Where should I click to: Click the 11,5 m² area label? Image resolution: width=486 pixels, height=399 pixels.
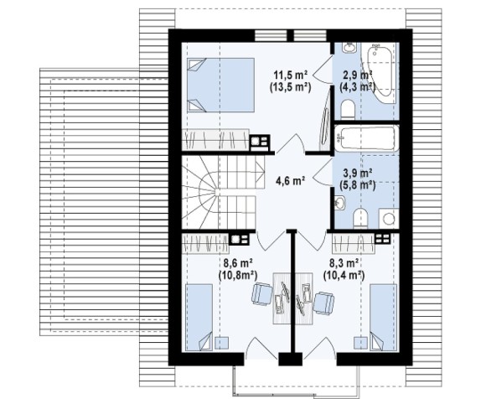pyautogui.click(x=291, y=75)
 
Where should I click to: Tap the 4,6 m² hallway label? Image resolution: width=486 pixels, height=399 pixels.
pyautogui.click(x=291, y=180)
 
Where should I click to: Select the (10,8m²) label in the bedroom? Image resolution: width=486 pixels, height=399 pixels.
pyautogui.click(x=238, y=275)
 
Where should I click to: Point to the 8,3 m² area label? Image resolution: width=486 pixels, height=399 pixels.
pyautogui.click(x=344, y=263)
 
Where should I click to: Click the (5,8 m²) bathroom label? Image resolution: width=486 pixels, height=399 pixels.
pyautogui.click(x=358, y=185)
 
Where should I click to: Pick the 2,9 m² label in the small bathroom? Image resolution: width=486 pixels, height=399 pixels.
pyautogui.click(x=358, y=75)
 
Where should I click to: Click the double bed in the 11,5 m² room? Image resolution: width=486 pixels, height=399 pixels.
pyautogui.click(x=220, y=85)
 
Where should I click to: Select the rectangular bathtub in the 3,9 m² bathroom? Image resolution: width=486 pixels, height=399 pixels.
pyautogui.click(x=366, y=138)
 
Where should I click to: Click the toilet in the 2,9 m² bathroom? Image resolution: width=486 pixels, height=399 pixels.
pyautogui.click(x=348, y=110)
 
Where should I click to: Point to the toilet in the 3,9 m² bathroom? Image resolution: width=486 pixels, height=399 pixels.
pyautogui.click(x=360, y=219)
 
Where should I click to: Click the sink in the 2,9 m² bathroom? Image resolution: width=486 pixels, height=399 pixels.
pyautogui.click(x=349, y=48)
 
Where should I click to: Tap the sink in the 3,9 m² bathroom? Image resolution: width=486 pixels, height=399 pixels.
pyautogui.click(x=340, y=203)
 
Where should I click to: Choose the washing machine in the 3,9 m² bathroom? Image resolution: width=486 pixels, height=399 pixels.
pyautogui.click(x=389, y=219)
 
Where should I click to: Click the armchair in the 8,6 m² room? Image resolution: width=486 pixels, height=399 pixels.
pyautogui.click(x=261, y=294)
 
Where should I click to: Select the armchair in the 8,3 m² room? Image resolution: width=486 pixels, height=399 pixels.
pyautogui.click(x=323, y=303)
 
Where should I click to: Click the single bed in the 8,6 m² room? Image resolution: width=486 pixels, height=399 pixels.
pyautogui.click(x=199, y=318)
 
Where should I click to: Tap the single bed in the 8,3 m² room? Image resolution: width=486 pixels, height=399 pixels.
pyautogui.click(x=384, y=318)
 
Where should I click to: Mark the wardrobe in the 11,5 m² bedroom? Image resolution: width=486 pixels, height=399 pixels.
pyautogui.click(x=215, y=139)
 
